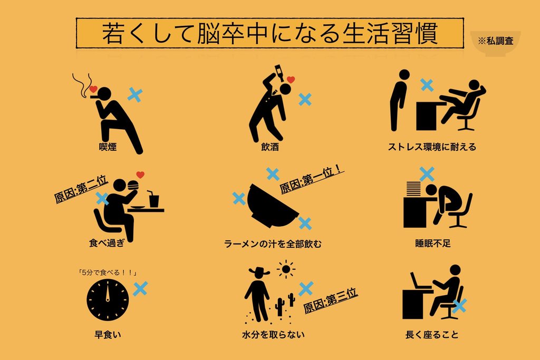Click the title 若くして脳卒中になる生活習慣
[x=270, y=33]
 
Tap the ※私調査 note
[x=495, y=41]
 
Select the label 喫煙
[x=108, y=147]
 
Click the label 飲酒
[x=270, y=147]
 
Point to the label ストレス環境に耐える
[x=432, y=147]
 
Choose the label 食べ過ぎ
[x=107, y=243]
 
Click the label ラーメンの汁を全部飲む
[x=273, y=244]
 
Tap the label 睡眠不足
[x=433, y=244]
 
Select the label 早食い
[x=108, y=334]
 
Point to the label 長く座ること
[x=432, y=334]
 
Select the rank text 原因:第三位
[x=331, y=300]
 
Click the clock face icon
[x=108, y=300]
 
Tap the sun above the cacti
[x=286, y=269]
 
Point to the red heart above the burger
[x=140, y=174]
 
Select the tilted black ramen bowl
[x=272, y=206]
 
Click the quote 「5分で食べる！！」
[x=108, y=273]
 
